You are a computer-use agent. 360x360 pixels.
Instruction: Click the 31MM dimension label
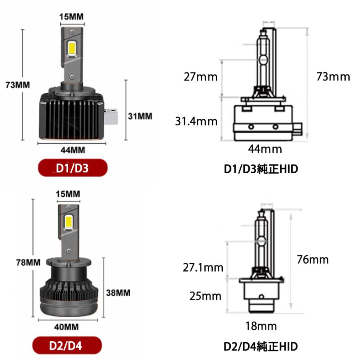140,116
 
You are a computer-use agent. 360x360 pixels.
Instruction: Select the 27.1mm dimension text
203,268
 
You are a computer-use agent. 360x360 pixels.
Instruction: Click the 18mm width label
261,326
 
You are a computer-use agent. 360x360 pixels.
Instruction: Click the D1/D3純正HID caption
261,169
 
